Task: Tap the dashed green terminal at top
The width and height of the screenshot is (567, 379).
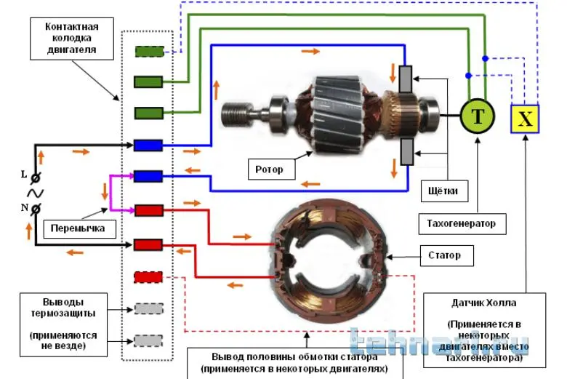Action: (148, 52)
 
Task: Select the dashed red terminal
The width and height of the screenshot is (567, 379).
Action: (148, 277)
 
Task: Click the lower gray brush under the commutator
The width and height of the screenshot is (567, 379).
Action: (406, 152)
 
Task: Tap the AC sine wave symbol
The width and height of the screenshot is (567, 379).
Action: (33, 192)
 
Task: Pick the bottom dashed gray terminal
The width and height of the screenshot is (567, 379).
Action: (148, 340)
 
